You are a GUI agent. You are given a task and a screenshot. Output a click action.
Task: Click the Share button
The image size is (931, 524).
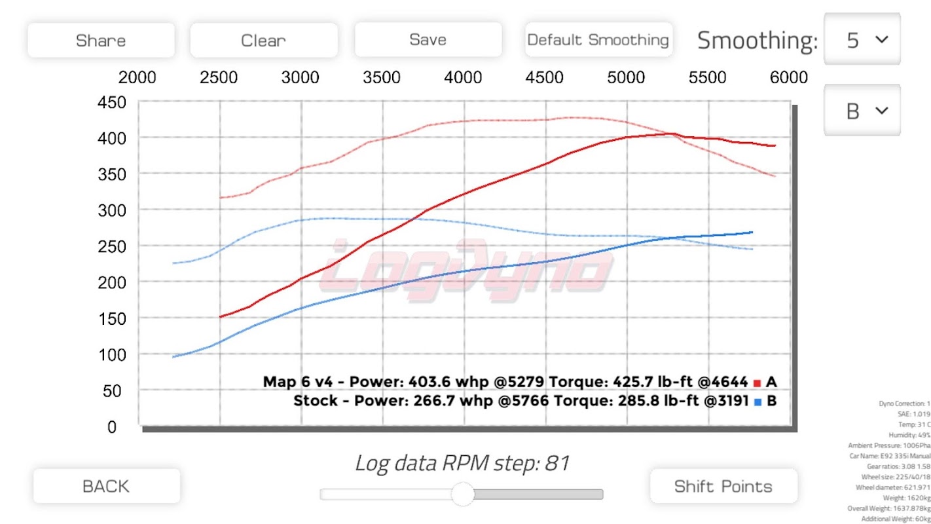(x=101, y=41)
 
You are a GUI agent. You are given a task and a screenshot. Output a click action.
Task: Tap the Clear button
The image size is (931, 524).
(x=263, y=41)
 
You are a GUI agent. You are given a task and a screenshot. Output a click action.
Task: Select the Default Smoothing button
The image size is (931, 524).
(x=598, y=40)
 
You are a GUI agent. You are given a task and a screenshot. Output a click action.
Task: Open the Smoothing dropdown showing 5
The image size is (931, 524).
(x=862, y=40)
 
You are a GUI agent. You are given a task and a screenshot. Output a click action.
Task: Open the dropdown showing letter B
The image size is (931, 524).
(x=862, y=111)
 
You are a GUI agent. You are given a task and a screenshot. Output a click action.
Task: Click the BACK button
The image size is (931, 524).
(x=106, y=486)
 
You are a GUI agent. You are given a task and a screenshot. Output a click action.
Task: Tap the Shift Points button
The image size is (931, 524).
(x=723, y=486)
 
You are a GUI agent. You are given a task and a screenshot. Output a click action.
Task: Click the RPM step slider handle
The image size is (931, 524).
(x=463, y=494)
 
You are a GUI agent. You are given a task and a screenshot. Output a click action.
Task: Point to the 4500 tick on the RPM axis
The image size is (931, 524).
(x=545, y=78)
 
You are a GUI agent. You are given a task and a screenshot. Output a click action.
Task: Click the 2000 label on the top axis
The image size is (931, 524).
(x=137, y=78)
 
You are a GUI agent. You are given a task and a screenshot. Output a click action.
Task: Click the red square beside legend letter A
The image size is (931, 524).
(x=757, y=383)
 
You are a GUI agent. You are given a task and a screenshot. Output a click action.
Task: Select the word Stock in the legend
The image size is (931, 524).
(x=316, y=401)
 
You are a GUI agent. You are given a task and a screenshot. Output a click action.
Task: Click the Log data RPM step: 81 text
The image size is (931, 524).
(x=462, y=463)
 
